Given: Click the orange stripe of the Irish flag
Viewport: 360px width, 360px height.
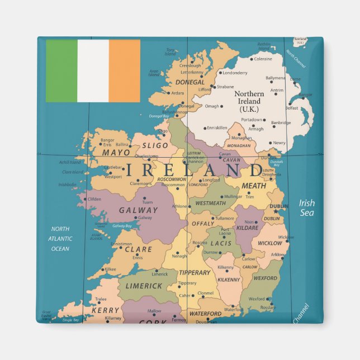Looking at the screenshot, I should pos(124,70).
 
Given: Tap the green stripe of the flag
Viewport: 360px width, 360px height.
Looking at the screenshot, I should pos(61,70).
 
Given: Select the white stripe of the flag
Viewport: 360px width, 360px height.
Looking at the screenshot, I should pos(93,70).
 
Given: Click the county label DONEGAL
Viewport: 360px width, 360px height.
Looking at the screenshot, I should pos(190,82).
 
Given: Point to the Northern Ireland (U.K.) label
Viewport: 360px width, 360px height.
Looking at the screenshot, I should pos(249,101).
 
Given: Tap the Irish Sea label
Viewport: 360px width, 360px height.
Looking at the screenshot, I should pos(306,207).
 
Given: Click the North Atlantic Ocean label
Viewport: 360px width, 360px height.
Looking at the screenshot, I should pos(60,239).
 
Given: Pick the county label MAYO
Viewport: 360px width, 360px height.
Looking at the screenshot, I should pos(116,152).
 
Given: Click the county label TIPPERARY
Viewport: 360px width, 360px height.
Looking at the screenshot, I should pos(195,273).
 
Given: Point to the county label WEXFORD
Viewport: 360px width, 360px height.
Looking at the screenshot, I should pos(265,278).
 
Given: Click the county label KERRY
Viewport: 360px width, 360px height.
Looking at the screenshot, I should pos(106,310).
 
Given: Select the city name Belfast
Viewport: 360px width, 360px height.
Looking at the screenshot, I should pos(291,108).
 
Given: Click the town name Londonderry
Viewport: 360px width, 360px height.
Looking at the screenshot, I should pos(235,73).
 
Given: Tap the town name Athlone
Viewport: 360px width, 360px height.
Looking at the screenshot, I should pos(179,206).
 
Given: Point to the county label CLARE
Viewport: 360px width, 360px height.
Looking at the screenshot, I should pos(138,249).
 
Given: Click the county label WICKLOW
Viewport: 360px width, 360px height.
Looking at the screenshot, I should pos(270,243).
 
